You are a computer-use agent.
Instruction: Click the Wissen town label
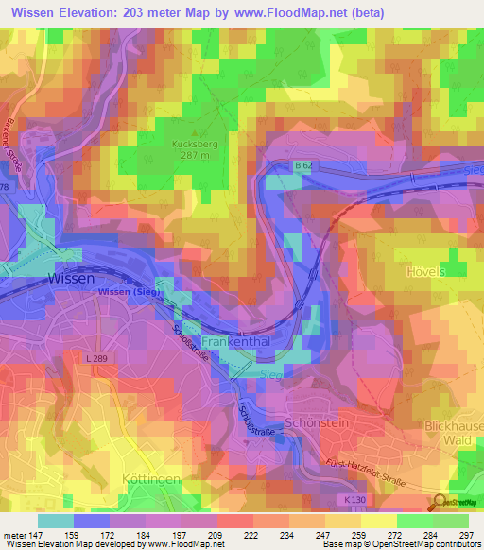pyautogui.click(x=71, y=280)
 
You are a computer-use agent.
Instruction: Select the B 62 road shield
pyautogui.click(x=302, y=166)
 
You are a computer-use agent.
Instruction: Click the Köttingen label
pyautogui.click(x=151, y=480)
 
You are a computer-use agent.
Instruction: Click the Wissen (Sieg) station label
pyautogui.click(x=130, y=293)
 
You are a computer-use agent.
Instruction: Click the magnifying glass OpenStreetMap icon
pyautogui.click(x=439, y=504)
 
